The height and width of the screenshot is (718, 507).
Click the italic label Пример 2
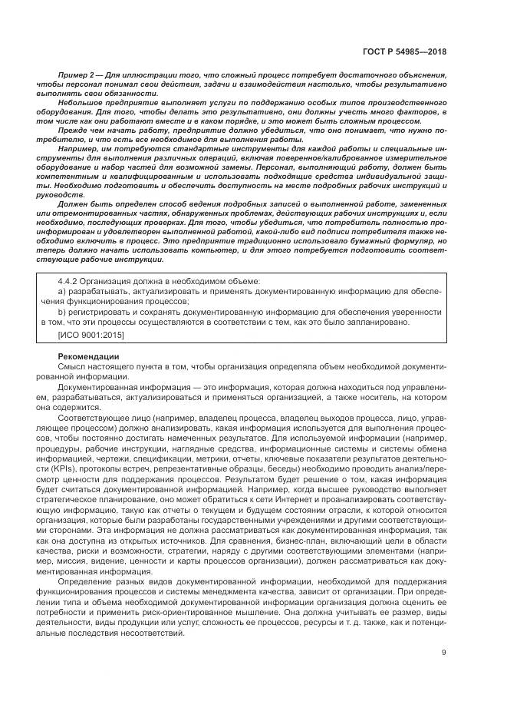tap(75, 75)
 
